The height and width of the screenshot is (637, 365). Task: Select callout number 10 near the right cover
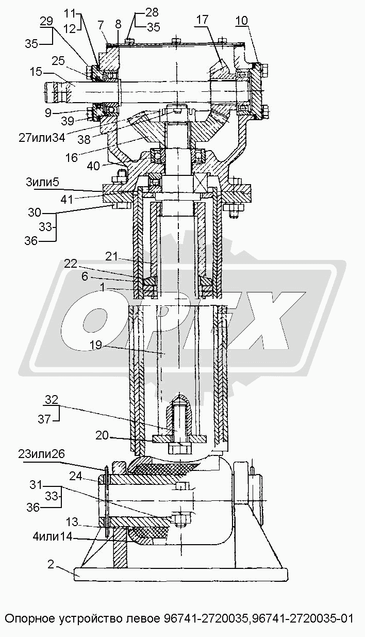click(x=241, y=21)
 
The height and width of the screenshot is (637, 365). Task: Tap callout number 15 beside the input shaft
click(x=36, y=72)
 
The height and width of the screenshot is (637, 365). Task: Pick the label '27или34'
click(x=42, y=138)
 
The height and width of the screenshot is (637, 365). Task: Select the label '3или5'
click(x=42, y=182)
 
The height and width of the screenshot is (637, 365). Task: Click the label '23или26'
click(x=42, y=454)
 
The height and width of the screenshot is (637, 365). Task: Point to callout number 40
click(x=93, y=166)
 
